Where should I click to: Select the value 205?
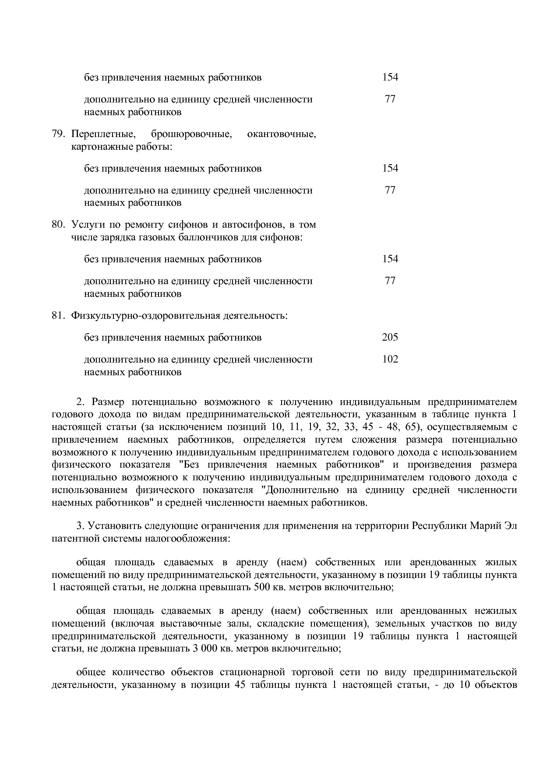point(390,337)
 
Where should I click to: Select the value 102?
point(390,359)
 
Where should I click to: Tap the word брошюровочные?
point(191,134)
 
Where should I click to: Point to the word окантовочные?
point(281,134)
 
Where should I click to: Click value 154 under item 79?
point(390,168)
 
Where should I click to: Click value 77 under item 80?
point(390,281)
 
